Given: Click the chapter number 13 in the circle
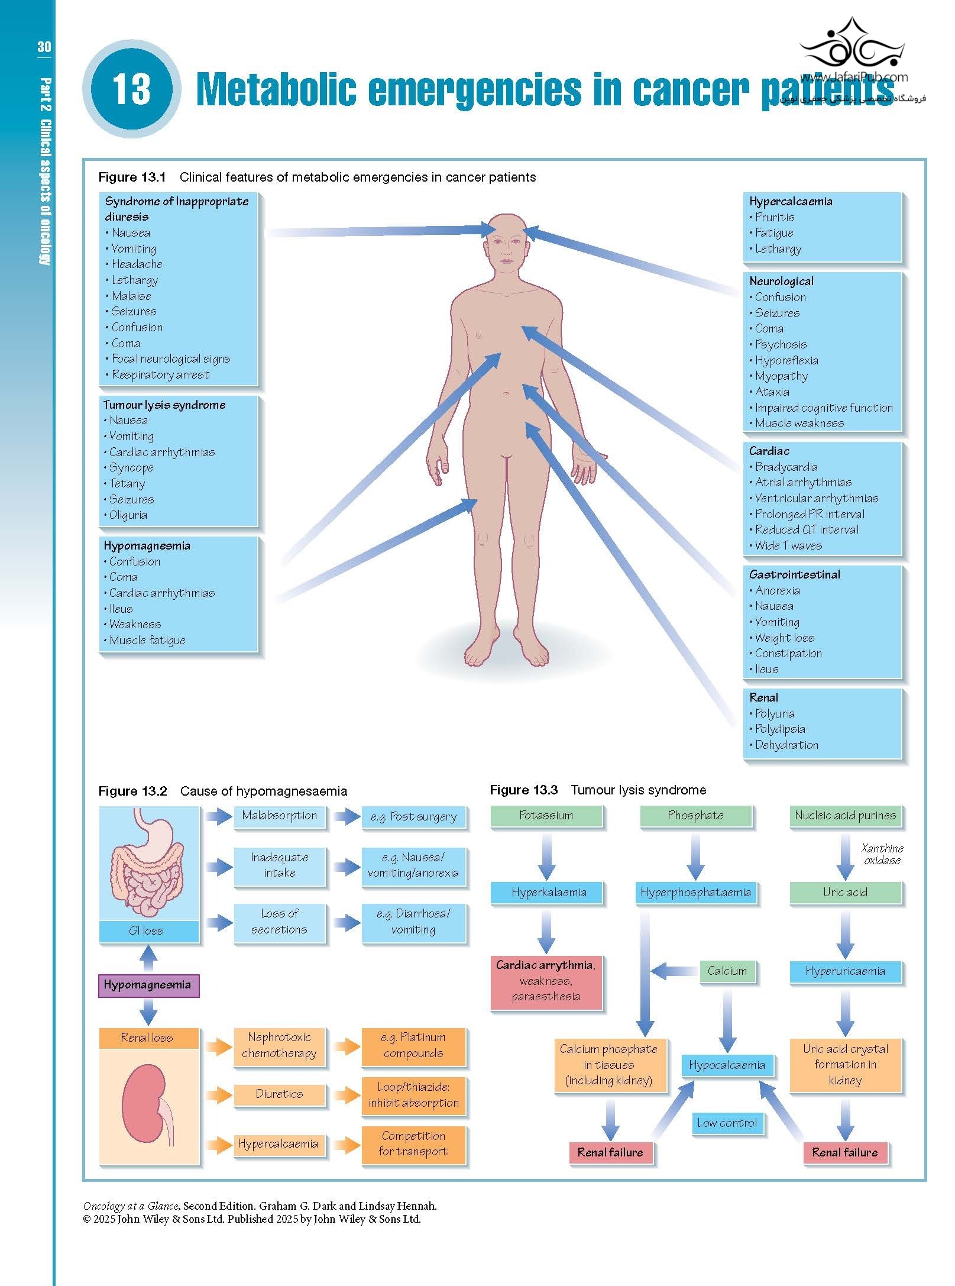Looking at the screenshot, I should point(131,89).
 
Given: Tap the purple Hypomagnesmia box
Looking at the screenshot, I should point(148,985).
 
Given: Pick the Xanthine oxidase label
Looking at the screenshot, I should point(882,854).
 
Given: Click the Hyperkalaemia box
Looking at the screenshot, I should point(548,893).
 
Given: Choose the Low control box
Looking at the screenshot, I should point(727,1123).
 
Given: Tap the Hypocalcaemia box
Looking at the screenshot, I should point(727,1065).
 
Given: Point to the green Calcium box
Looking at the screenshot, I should point(727,971).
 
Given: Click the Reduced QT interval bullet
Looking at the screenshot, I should point(807,529).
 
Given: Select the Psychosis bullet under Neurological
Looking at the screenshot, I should point(781,344).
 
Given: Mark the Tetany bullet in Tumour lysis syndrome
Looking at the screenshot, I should point(127,483).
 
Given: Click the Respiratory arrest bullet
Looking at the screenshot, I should point(160,374).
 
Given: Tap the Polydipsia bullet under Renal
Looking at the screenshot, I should point(780,729).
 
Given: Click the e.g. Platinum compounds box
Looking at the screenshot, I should point(413,1045).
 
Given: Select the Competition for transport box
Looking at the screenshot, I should point(413,1143).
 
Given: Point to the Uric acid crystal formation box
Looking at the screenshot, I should point(845,1064).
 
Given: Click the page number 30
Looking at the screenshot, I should point(44,47).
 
